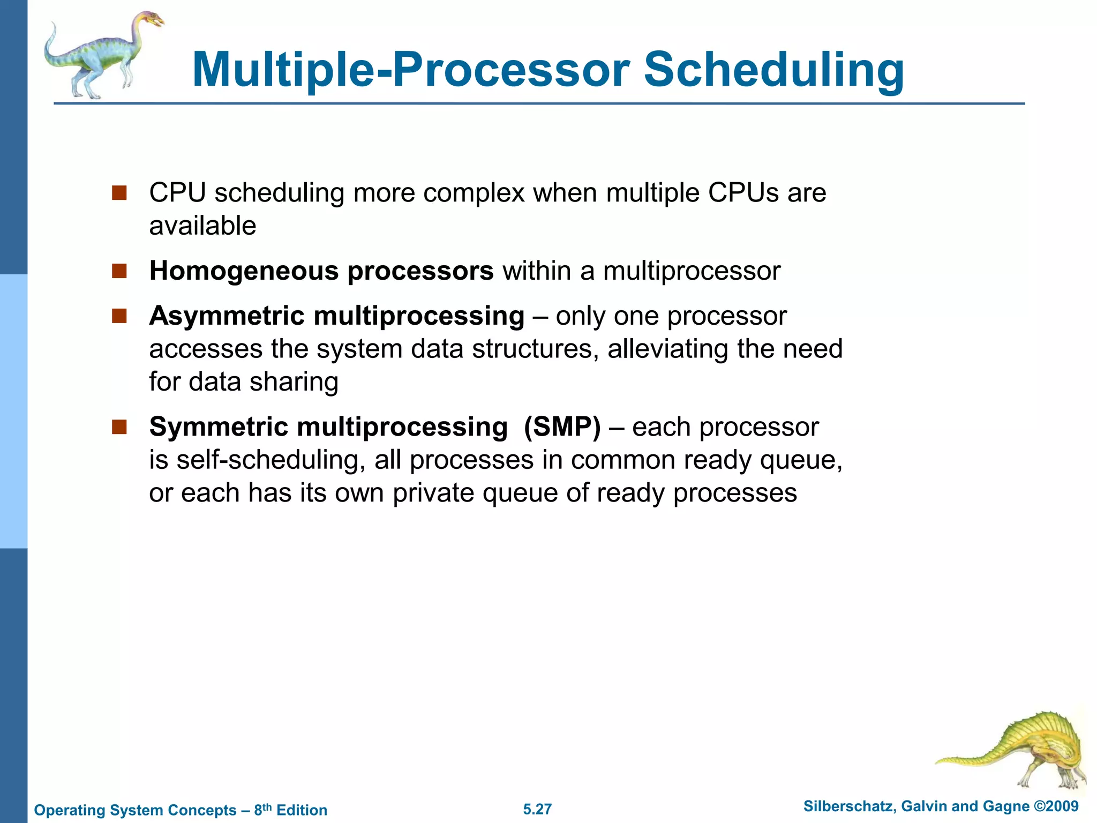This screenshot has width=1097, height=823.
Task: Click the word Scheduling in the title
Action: (x=773, y=70)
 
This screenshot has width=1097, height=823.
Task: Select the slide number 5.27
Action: (x=537, y=809)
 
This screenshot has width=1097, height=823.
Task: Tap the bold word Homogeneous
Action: (x=244, y=271)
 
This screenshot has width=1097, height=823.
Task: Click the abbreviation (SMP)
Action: (x=562, y=427)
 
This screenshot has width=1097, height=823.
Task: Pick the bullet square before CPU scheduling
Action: (x=119, y=193)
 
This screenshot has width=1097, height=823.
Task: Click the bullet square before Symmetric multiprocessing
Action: (x=119, y=427)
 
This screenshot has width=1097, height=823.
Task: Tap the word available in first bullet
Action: (x=202, y=226)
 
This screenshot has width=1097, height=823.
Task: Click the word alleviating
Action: (x=667, y=349)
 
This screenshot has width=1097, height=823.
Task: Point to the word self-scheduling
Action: (x=271, y=460)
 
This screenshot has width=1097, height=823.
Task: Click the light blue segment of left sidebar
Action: (x=13, y=411)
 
